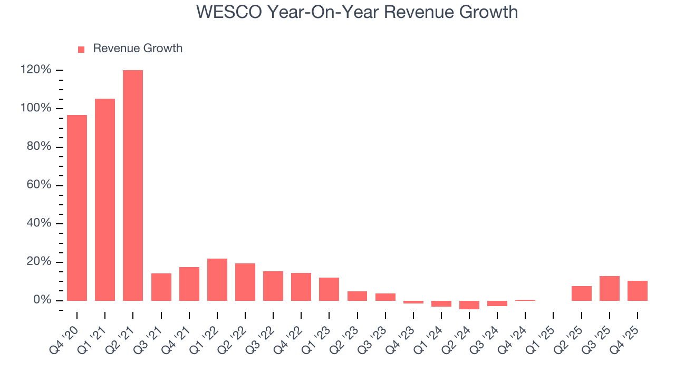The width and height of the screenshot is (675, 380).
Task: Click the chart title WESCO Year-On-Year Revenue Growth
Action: pos(357,12)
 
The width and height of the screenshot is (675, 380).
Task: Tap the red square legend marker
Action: pos(81,49)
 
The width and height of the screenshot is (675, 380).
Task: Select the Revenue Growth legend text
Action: pos(138,49)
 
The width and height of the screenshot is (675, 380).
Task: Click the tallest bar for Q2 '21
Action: pos(133,185)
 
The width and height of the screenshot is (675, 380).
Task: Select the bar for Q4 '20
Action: pos(77,208)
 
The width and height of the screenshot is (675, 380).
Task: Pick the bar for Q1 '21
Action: pos(105,199)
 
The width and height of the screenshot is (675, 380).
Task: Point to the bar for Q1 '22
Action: pos(217,280)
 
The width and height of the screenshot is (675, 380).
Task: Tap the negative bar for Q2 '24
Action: pos(469,305)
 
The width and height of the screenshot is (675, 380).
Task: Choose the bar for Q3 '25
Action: pos(610,288)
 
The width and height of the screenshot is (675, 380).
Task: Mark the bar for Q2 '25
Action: pos(582,293)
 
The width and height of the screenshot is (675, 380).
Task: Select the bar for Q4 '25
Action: pos(638,291)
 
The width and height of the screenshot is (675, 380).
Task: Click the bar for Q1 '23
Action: pos(329,289)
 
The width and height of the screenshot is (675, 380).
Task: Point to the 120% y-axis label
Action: pos(36,70)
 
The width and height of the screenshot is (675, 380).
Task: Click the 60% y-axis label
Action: pos(38,185)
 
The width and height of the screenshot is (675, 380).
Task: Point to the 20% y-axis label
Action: pos(38,262)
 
